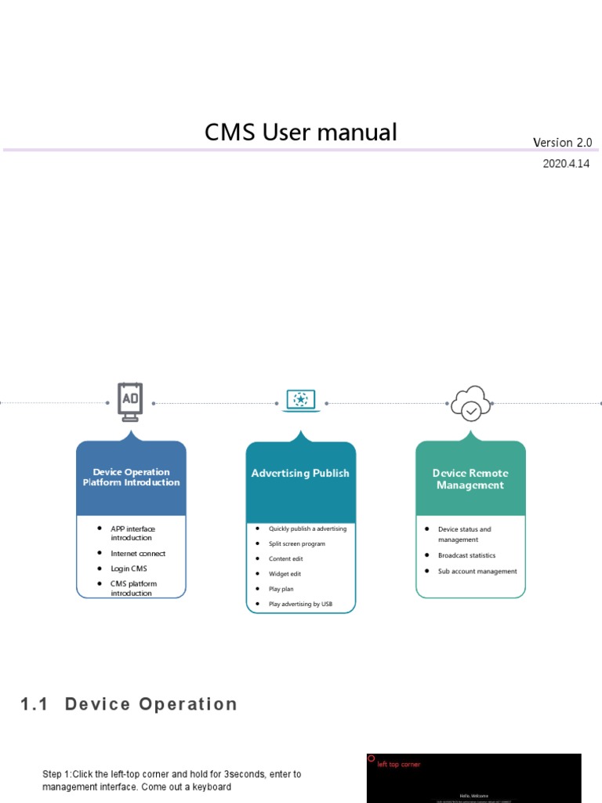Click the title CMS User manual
point(300,133)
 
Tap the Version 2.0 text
point(562,143)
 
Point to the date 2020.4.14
point(566,164)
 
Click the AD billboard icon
point(130,401)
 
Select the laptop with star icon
point(300,401)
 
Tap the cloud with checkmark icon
point(470,403)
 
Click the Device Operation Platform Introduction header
point(131,478)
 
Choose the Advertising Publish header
point(300,474)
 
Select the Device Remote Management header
point(470,479)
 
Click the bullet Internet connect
point(138,554)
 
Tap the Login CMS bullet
point(129,569)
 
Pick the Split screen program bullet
point(296,543)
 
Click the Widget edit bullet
point(285,574)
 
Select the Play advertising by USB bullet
point(300,604)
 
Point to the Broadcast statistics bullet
point(466,555)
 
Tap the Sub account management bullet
point(477,572)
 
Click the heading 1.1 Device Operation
point(129,704)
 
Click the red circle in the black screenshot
point(372,758)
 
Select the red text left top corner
point(398,765)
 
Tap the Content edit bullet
point(285,559)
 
